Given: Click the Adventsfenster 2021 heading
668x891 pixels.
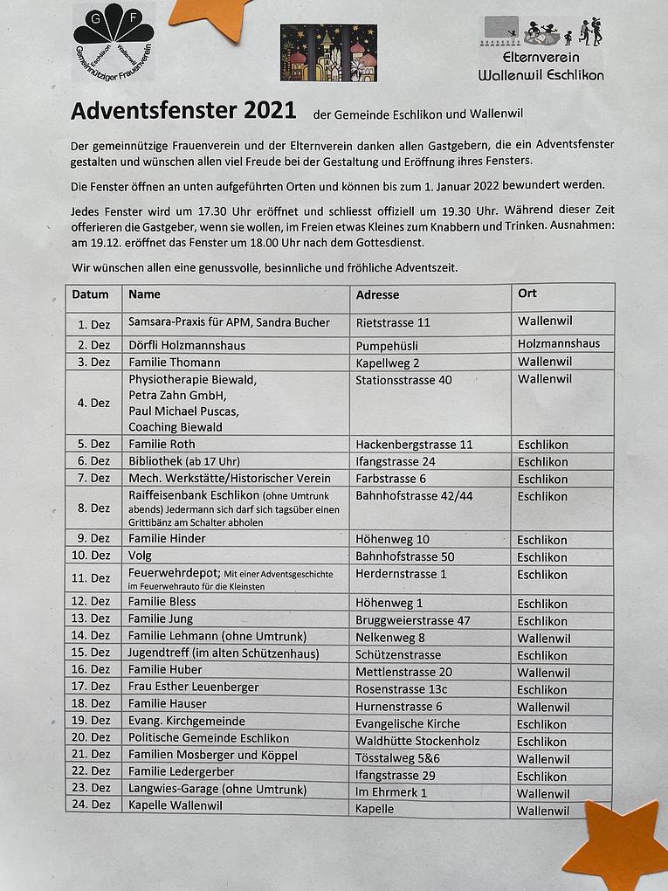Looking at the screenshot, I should tap(183, 112).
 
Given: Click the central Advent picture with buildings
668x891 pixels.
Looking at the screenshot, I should tap(328, 52).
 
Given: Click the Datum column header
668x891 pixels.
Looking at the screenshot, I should tap(90, 294).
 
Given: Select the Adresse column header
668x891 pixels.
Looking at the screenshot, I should tap(377, 295).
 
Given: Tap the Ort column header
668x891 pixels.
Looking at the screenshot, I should tap(527, 294).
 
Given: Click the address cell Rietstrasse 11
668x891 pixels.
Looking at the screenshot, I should tap(393, 322).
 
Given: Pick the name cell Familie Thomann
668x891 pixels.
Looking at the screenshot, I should tap(175, 363).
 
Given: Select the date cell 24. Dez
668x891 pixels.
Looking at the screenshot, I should tap(94, 805).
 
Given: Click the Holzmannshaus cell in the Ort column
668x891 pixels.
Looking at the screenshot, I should tap(559, 343).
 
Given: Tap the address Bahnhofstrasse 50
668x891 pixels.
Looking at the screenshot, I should tap(404, 556).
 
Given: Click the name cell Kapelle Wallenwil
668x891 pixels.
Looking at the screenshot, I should tap(176, 805).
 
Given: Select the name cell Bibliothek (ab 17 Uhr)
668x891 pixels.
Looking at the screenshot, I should tap(184, 461).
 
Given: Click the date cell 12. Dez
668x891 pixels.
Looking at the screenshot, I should tap(94, 602).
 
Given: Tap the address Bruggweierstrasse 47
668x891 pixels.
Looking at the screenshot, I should tap(413, 620).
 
